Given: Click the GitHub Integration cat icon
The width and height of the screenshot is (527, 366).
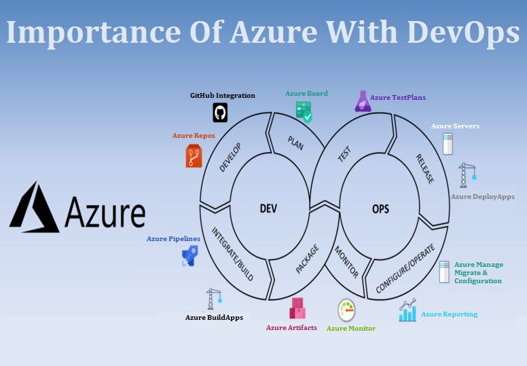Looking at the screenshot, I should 220,112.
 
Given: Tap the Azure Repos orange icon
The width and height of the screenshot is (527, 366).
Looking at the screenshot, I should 194,156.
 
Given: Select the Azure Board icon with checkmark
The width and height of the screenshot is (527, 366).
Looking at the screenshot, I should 304,111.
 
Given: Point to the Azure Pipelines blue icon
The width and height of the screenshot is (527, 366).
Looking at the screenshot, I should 189,255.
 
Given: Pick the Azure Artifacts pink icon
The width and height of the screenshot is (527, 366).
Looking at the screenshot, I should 297,309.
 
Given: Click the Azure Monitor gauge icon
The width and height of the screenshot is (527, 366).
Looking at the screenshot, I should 347,310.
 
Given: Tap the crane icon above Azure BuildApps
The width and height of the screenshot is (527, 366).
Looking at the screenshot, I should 214,299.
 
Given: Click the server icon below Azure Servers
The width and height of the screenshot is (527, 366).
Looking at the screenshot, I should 448,144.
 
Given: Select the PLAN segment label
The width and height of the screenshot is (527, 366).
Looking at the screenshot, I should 295,143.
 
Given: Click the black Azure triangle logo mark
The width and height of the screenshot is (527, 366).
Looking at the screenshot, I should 34,206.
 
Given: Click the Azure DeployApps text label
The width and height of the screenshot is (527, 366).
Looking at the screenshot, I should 483,197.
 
